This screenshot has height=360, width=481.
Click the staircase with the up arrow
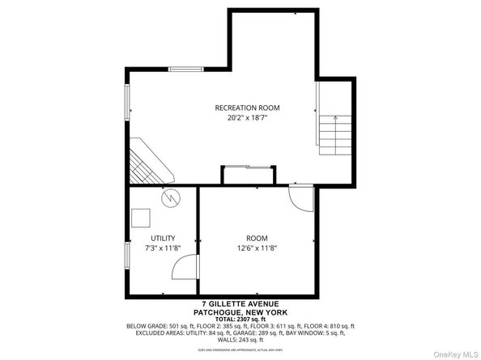(x=334, y=134)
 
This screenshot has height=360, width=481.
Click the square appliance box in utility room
(x=143, y=218)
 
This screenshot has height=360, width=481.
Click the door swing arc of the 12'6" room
(x=299, y=200)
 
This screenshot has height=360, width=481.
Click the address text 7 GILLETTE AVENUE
(x=240, y=305)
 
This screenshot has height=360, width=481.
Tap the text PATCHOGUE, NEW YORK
(x=240, y=312)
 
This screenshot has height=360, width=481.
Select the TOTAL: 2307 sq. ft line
(x=240, y=319)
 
